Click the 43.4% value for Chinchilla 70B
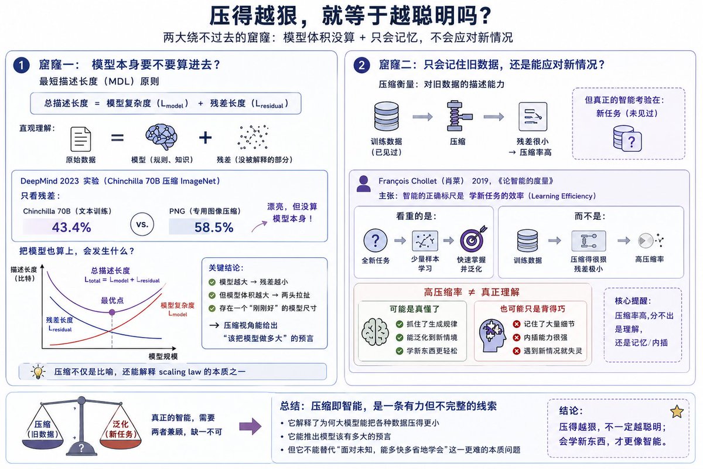[x=71, y=227]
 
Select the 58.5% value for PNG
[x=214, y=227]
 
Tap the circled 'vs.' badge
[x=142, y=225]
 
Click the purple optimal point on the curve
[x=112, y=312]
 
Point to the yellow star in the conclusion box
[x=677, y=412]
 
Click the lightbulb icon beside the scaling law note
[x=38, y=372]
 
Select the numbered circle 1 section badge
[x=21, y=65]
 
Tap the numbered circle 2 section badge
[x=361, y=65]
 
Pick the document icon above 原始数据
[x=81, y=139]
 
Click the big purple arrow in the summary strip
[x=250, y=426]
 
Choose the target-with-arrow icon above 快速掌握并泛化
[x=473, y=239]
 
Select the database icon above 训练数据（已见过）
[x=386, y=116]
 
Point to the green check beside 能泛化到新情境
[x=400, y=337]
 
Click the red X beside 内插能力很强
[x=517, y=337]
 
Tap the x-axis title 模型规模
[x=163, y=356]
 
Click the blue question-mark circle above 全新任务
[x=376, y=240]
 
